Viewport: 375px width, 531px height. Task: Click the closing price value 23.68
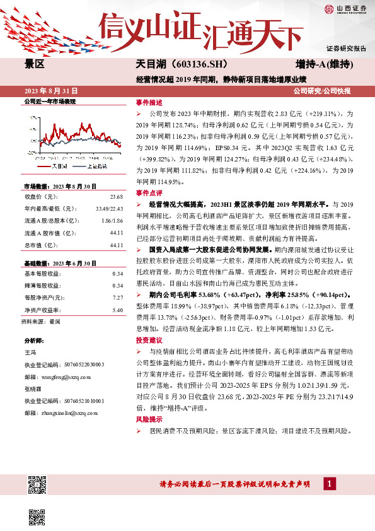tap(116, 195)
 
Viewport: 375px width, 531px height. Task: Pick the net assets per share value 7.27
tap(117, 279)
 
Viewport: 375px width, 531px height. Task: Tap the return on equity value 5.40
tap(117, 292)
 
